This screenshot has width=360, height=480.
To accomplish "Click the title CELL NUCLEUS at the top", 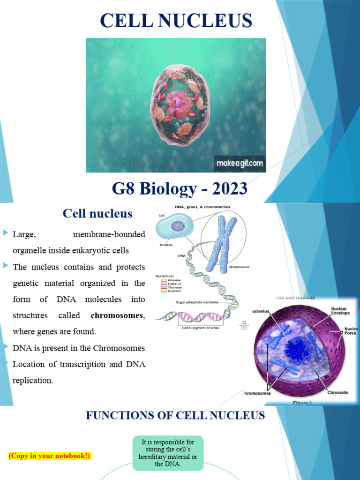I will [176, 21].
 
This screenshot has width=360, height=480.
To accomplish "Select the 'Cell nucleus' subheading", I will [97, 214].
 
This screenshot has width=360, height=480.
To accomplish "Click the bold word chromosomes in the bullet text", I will [117, 315].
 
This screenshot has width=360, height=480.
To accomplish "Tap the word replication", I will [33, 381].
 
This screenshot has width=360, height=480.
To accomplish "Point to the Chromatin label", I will [337, 392].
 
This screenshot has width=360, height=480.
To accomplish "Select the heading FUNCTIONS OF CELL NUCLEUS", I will [175, 415].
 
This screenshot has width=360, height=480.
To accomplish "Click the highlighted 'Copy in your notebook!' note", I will [50, 455].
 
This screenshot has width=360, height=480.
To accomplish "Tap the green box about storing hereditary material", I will [168, 453].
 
